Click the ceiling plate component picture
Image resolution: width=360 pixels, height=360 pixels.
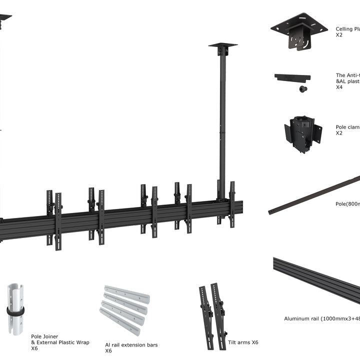click(x=299, y=31)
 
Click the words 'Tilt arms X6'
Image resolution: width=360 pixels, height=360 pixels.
click(x=243, y=342)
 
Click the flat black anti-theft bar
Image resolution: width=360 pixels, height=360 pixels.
click(x=292, y=77)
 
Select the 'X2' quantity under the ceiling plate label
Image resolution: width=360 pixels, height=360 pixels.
click(x=339, y=35)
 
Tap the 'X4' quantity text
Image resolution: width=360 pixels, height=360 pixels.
click(x=339, y=87)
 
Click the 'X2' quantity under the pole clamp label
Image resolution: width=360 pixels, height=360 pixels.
click(x=339, y=133)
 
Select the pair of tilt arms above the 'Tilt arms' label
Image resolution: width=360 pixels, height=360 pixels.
click(x=212, y=310)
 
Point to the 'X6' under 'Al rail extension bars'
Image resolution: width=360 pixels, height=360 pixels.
click(x=108, y=351)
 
